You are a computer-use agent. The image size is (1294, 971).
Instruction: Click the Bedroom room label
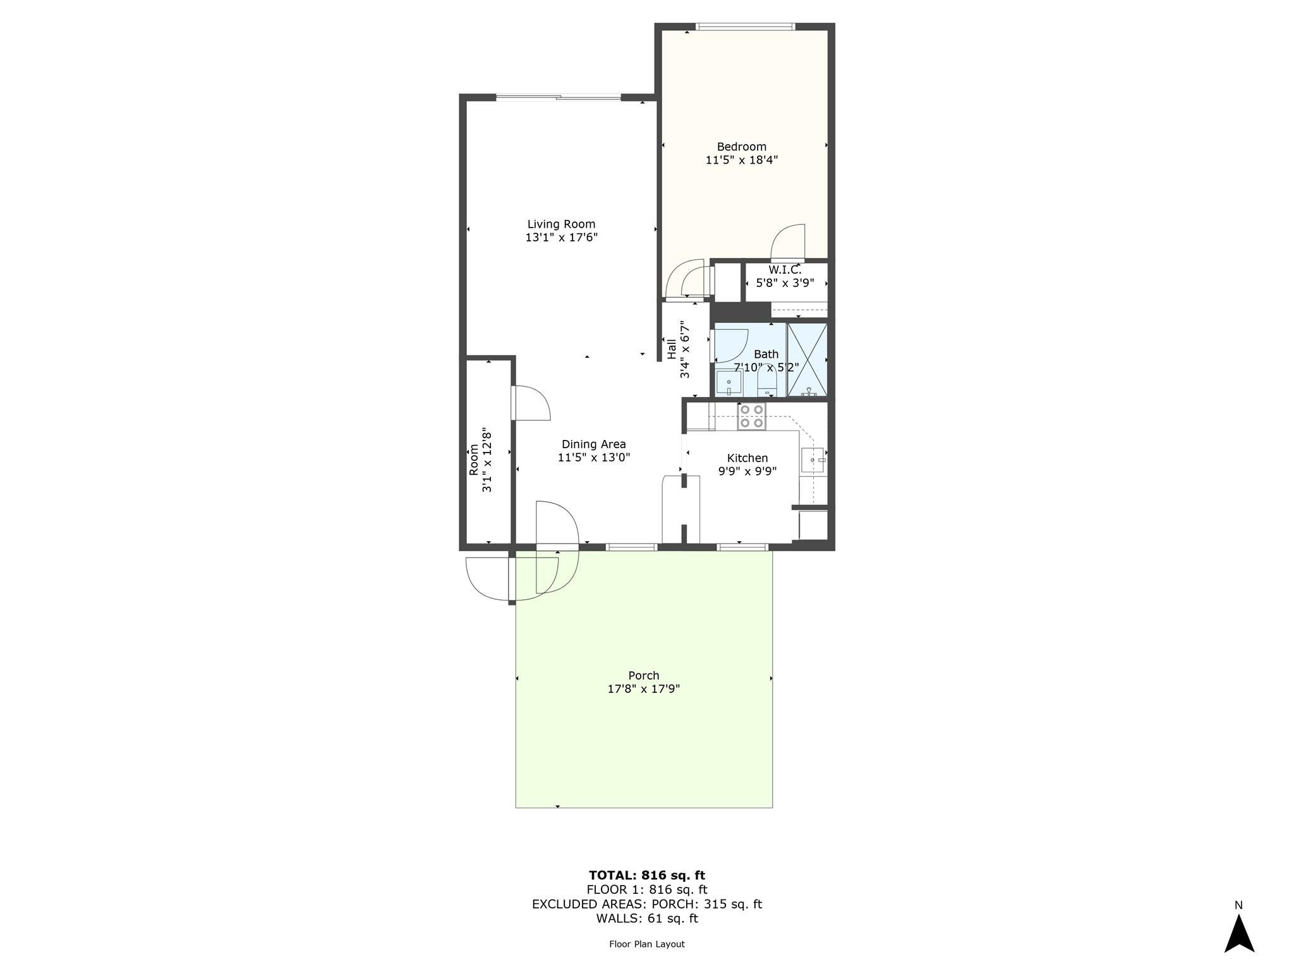pyautogui.click(x=741, y=147)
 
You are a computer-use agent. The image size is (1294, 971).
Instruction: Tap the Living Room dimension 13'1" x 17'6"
pyautogui.click(x=561, y=238)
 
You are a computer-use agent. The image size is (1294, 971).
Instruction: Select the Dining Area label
pyautogui.click(x=593, y=444)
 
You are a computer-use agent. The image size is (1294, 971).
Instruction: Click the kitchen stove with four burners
pyautogui.click(x=752, y=417)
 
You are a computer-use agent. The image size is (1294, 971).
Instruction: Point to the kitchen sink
pyautogui.click(x=812, y=460)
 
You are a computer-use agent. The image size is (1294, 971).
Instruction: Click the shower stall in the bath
pyautogui.click(x=807, y=360)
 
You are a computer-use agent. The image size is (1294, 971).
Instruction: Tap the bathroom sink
pyautogui.click(x=729, y=383)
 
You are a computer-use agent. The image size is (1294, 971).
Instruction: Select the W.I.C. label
pyautogui.click(x=785, y=270)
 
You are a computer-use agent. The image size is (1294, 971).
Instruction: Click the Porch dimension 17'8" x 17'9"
pyautogui.click(x=643, y=689)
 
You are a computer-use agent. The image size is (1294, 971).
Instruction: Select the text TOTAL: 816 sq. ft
pyautogui.click(x=646, y=876)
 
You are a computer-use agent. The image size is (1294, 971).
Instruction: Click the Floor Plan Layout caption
pyautogui.click(x=646, y=944)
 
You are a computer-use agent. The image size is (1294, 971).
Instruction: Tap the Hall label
pyautogui.click(x=671, y=348)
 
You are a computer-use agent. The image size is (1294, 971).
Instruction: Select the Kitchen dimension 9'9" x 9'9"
pyautogui.click(x=747, y=471)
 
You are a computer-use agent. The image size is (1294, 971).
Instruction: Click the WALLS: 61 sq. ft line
pyautogui.click(x=646, y=919)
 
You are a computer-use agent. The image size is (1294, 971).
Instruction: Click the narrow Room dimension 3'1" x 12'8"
pyautogui.click(x=487, y=460)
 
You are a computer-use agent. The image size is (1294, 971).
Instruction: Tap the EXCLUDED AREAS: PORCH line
pyautogui.click(x=646, y=904)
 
